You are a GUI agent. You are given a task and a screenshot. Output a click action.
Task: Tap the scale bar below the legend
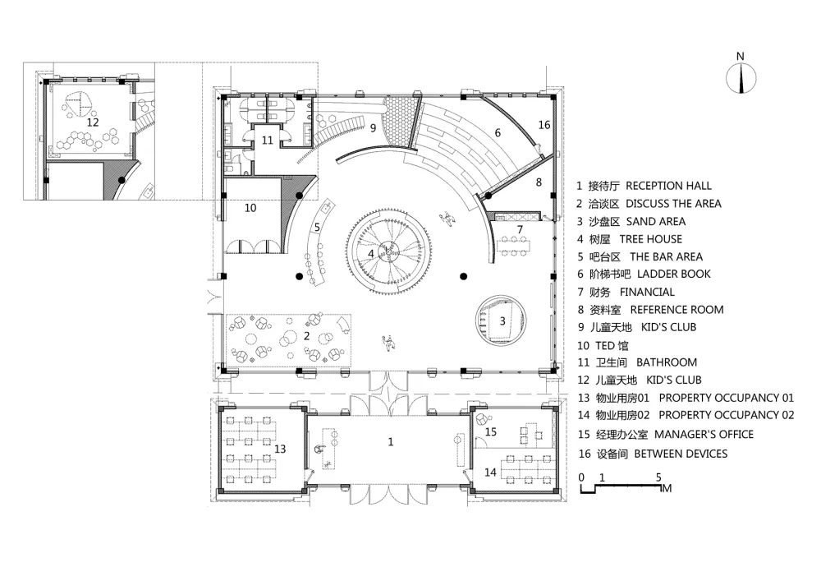(621, 488)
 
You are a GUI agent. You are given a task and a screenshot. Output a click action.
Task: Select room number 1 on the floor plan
(391, 442)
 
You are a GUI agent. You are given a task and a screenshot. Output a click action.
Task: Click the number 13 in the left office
(280, 449)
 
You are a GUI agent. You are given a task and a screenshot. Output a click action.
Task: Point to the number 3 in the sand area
(502, 320)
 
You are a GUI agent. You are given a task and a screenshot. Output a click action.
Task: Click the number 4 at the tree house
(371, 254)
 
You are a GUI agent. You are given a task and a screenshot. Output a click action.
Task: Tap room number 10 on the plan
(250, 208)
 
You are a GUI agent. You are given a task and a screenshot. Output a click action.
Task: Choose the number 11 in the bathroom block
(268, 141)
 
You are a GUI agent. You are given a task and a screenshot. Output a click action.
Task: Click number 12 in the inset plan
(93, 122)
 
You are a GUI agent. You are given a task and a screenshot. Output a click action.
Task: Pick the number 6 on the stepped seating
(498, 133)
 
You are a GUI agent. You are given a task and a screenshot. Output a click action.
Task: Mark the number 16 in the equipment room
(544, 125)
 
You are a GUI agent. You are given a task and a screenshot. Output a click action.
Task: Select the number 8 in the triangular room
(539, 182)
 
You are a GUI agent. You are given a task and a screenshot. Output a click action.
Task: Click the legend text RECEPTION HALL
(668, 186)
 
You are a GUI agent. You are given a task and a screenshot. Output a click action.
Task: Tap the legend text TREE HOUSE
(651, 239)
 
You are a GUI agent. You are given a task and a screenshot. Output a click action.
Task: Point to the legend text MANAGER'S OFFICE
(704, 434)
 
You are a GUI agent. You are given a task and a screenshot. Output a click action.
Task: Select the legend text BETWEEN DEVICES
(681, 454)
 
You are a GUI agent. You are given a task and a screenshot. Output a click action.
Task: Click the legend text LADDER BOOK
(674, 274)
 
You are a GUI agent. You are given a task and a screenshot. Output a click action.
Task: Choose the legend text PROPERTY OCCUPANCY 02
(727, 415)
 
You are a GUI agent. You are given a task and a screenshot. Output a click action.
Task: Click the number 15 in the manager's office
(491, 431)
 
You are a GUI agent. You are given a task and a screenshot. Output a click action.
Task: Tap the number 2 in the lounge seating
(307, 336)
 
